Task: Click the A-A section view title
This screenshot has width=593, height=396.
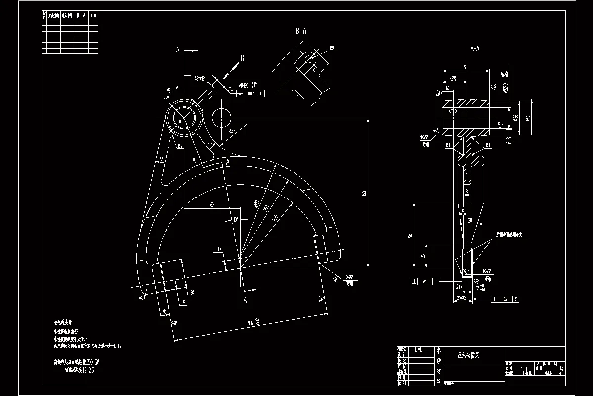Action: (x=475, y=49)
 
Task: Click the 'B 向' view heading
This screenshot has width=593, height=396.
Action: (x=301, y=31)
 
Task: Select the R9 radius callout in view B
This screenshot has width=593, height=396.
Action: (x=332, y=48)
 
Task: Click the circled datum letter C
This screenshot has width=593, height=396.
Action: (x=509, y=141)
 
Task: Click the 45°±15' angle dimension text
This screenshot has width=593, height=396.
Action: (x=200, y=78)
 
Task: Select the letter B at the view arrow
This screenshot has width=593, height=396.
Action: (x=242, y=58)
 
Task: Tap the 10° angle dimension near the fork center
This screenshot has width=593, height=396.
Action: (x=235, y=219)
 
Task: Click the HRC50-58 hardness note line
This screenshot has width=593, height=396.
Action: (x=80, y=362)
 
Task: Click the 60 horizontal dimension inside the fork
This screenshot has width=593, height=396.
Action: (x=212, y=204)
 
